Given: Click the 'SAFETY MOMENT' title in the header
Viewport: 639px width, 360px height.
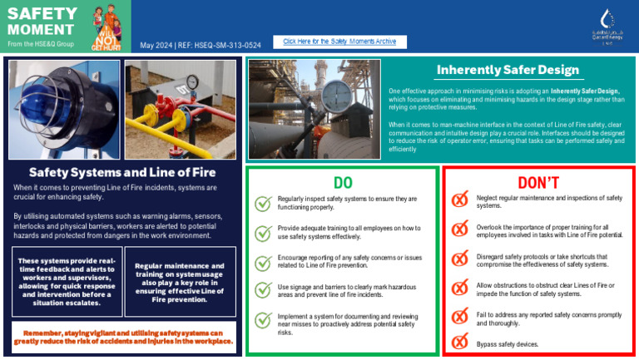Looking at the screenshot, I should pos(42,21).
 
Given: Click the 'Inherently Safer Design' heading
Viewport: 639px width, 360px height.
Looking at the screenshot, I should pos(508,70).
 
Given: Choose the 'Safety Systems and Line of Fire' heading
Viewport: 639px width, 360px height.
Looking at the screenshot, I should pos(122,173).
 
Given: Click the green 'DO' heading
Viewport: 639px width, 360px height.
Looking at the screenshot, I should pos(342,182).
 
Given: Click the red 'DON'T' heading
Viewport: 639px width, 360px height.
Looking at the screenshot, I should pos(538,182).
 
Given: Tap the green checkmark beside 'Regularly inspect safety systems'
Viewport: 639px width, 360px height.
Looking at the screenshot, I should pos(263,204).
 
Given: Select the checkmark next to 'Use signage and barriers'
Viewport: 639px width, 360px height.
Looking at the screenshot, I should pos(263,291).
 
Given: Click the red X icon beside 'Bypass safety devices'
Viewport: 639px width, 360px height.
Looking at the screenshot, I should pos(459,343).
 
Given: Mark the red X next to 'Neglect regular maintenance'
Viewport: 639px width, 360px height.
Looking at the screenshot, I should pos(459,201).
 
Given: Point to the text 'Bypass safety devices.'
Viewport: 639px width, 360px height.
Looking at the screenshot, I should pos(508,343).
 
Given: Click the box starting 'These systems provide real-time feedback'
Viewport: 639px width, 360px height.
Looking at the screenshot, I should pos(63,282).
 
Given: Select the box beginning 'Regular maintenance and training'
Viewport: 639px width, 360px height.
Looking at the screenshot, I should pos(180,282).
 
